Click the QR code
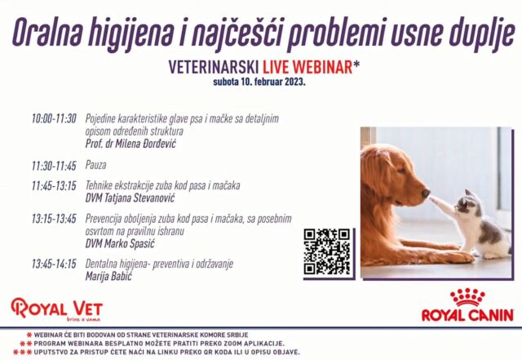pos(327,252)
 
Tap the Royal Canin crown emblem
pos(467,297)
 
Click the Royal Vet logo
pos(56,309)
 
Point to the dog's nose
pos(426,193)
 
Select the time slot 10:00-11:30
pos(54,118)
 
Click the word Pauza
pos(96,165)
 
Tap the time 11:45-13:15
pos(54,185)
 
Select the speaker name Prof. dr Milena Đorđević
pos(130,144)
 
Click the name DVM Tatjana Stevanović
pos(130,198)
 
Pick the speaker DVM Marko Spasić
pos(120,243)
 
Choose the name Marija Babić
pos(108,276)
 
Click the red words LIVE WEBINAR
pos(307,67)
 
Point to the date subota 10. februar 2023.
pos(259,82)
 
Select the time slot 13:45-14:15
pos(54,264)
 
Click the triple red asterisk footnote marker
pos(23,352)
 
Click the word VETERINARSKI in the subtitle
pos(214,67)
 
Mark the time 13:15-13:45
pos(54,219)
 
